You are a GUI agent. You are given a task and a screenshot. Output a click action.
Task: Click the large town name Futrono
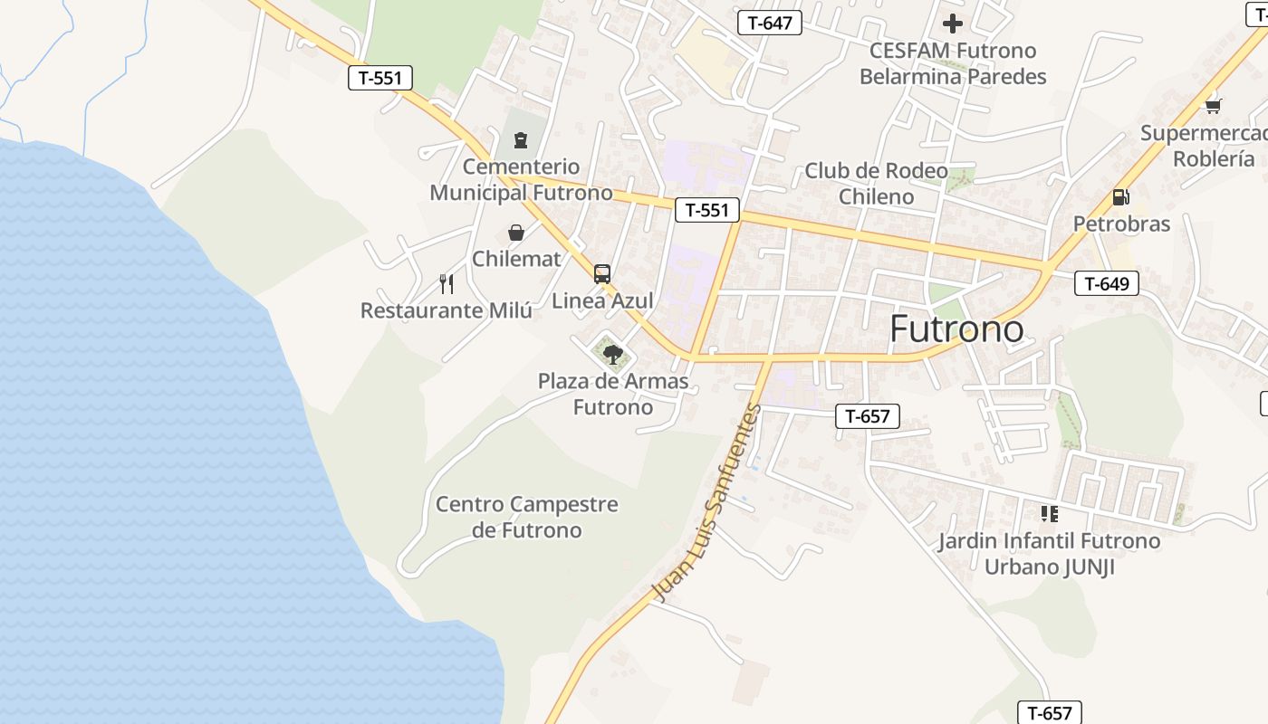point(956,329)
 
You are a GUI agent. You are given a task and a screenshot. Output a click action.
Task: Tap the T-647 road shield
point(770,23)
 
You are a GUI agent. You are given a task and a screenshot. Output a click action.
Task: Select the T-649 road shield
point(1106,283)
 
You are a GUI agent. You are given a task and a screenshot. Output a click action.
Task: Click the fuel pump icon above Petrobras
point(1120,197)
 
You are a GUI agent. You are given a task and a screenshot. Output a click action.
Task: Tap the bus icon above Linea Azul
point(601,273)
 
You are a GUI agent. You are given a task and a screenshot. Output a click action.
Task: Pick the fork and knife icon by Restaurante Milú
point(447,284)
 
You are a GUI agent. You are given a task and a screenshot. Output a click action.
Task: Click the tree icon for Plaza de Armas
point(613,354)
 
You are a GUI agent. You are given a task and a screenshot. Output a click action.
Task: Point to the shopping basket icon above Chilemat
point(516,233)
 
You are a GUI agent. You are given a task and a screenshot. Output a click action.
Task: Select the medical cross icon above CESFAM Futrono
point(953,23)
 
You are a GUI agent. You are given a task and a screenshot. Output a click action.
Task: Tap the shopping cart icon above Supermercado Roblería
point(1214,106)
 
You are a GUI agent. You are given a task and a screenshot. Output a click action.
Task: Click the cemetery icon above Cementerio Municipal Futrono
point(521,140)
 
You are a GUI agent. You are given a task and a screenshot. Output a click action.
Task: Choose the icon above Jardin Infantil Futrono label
point(1050,514)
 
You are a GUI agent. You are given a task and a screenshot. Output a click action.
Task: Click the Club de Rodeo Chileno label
point(876,183)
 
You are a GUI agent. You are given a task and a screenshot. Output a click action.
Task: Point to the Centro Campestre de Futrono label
point(526,517)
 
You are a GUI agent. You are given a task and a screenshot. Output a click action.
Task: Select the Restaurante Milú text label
point(447,310)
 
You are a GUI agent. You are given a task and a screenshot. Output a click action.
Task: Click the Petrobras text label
point(1121,224)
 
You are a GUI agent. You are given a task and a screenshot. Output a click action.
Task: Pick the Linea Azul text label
point(602,300)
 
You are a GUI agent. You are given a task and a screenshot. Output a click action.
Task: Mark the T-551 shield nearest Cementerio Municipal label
point(707,211)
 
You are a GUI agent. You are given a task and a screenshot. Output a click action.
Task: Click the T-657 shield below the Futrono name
point(868,416)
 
